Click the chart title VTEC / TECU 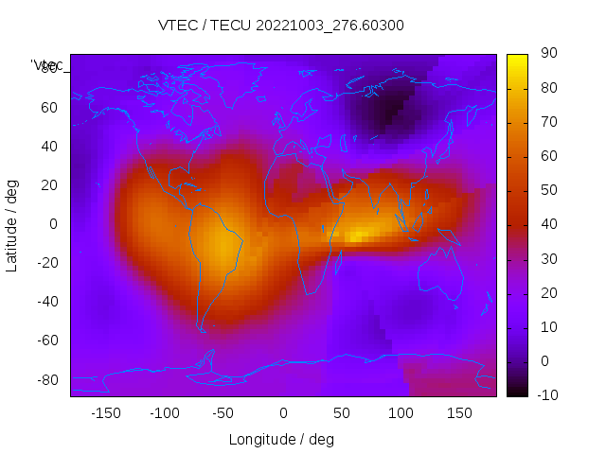281,26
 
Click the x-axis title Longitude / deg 281,439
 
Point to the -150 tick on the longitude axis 106,413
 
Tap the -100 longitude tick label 165,413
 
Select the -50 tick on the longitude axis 223,413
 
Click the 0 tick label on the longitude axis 283,413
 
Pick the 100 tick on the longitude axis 400,413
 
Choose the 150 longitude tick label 458,413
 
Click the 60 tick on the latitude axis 49,107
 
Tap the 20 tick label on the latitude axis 49,184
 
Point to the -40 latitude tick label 45,302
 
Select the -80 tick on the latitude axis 45,379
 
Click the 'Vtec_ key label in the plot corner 47,65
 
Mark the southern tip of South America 202,330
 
